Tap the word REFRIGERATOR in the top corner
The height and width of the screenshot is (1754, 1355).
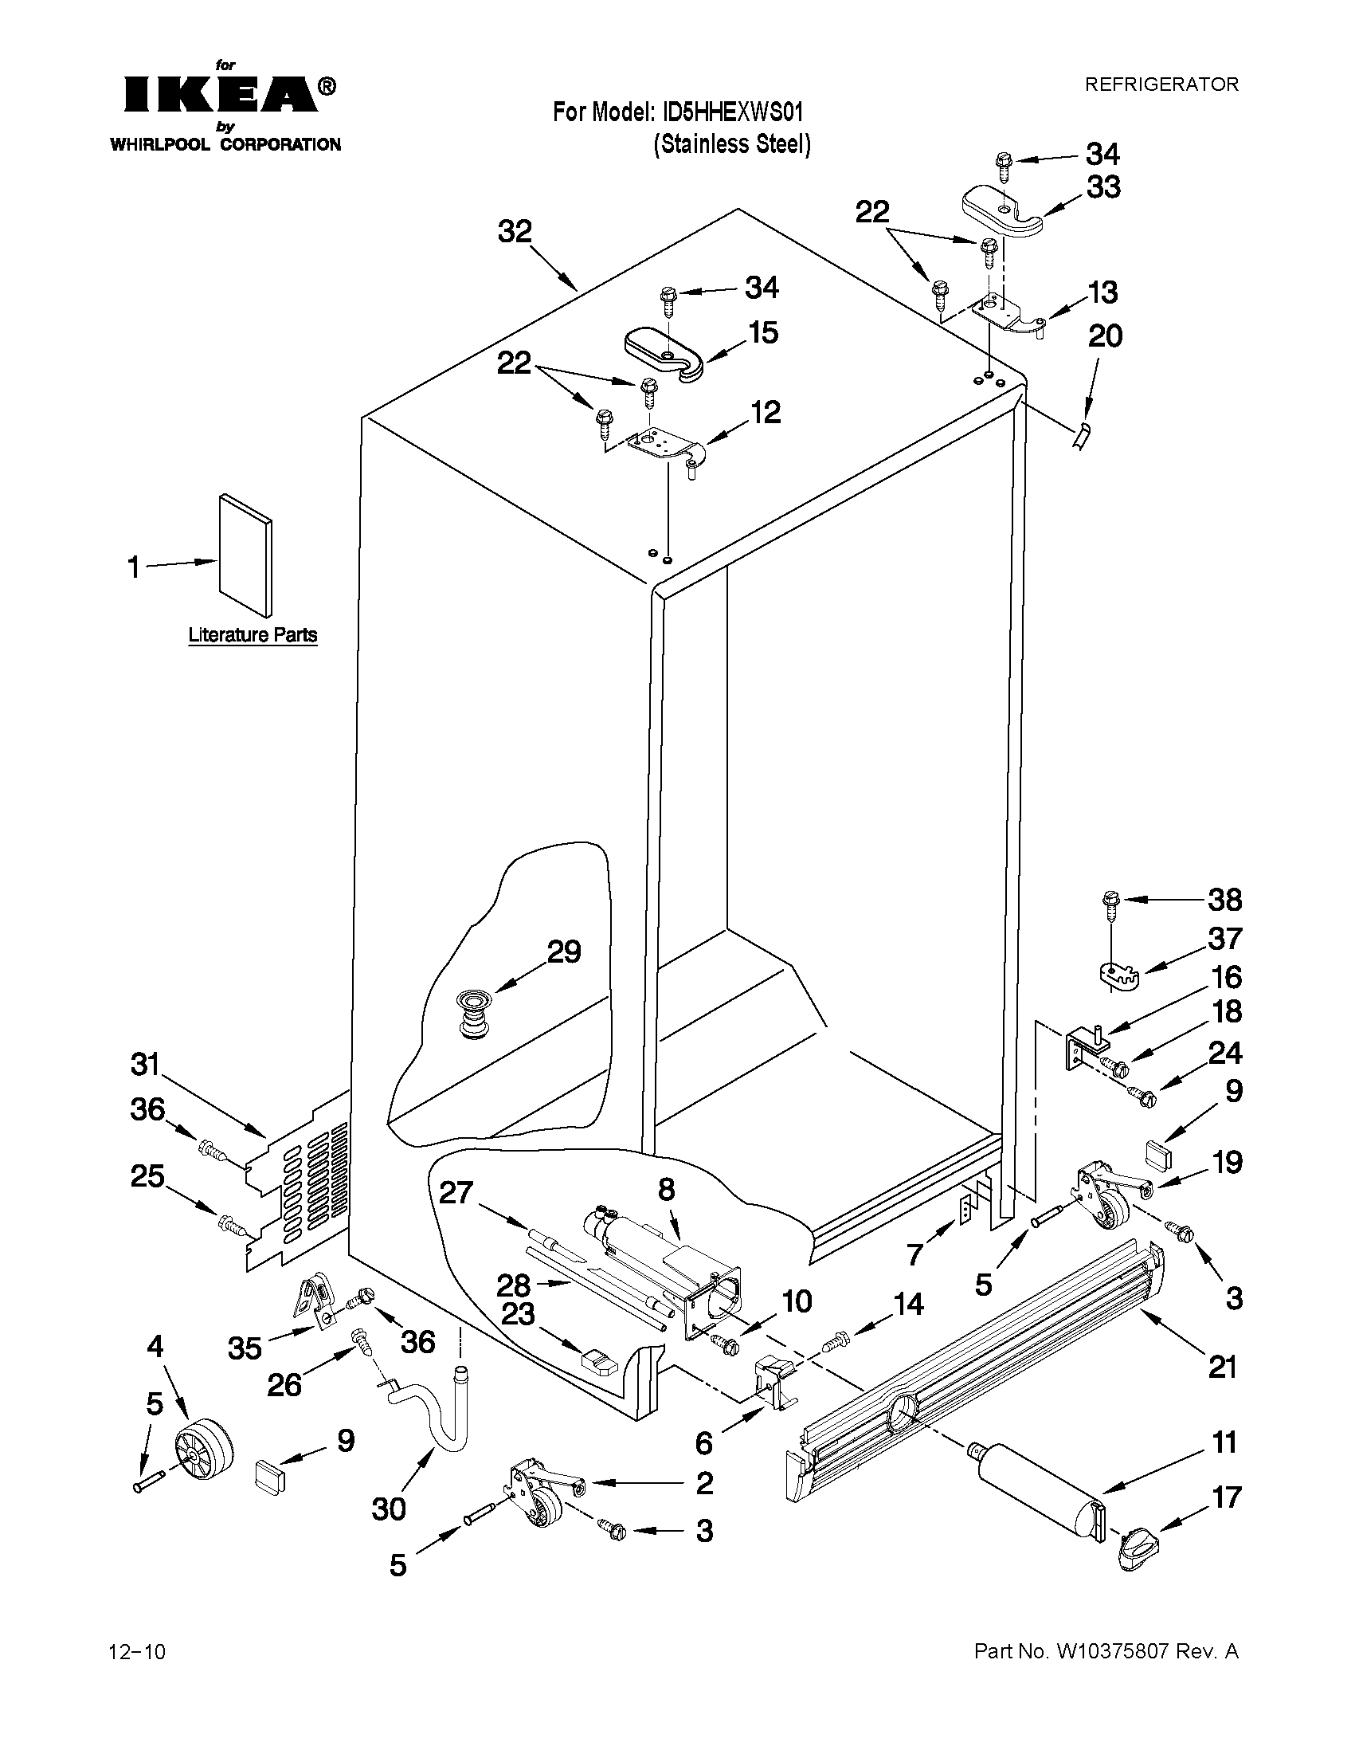(x=1161, y=84)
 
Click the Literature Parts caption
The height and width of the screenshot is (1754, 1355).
(x=253, y=634)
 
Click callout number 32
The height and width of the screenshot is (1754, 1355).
(x=515, y=232)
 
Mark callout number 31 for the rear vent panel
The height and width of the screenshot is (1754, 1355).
(x=146, y=1065)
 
